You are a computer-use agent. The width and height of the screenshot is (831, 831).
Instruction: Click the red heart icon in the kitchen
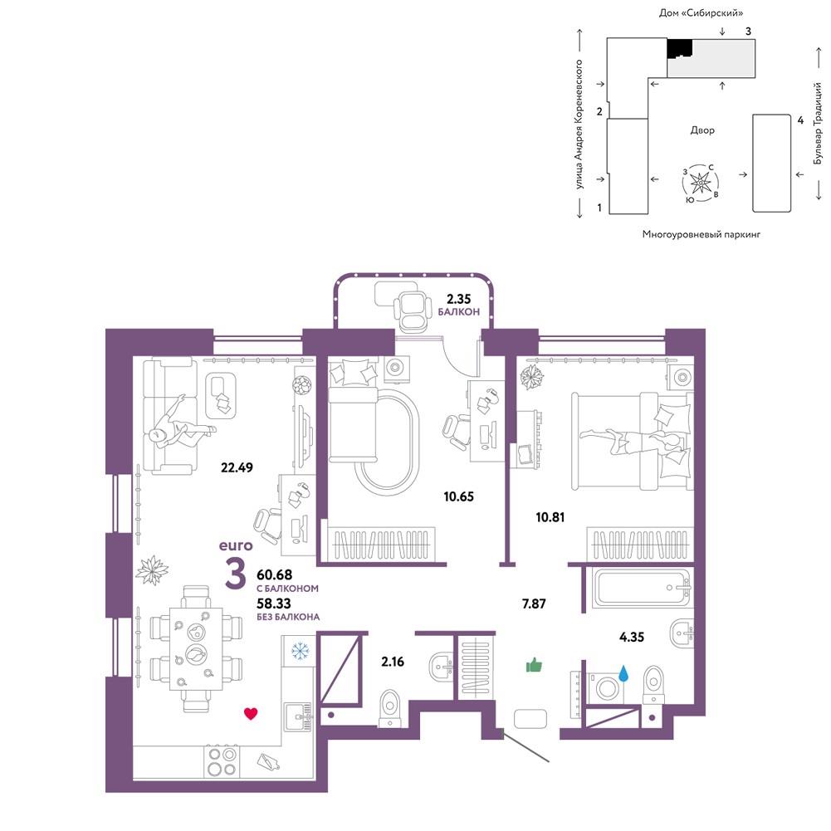tap(251, 713)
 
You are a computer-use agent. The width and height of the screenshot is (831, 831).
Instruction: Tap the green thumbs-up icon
tap(534, 665)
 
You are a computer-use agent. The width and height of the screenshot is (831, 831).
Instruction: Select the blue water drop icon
tap(623, 673)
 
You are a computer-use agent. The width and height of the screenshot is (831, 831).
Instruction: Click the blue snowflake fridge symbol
tap(301, 651)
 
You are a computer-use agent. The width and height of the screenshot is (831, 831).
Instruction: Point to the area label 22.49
tap(237, 467)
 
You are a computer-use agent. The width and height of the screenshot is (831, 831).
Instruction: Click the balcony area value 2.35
tap(458, 299)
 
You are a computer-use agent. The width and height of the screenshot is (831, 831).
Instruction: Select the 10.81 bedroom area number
tap(550, 516)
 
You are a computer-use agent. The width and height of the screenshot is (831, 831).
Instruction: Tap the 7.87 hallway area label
tap(534, 604)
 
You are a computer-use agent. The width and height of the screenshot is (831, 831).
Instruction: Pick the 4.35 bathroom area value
tap(632, 637)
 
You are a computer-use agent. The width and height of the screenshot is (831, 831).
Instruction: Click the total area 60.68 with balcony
tap(275, 574)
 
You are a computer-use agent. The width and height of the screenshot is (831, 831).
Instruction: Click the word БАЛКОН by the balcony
tap(459, 312)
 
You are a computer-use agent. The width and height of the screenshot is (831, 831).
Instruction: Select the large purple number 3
tap(235, 574)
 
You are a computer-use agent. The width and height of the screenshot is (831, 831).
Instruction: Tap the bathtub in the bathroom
tap(643, 588)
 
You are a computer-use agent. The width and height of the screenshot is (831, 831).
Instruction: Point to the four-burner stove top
tap(222, 761)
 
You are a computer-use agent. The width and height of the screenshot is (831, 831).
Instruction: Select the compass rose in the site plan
tap(701, 183)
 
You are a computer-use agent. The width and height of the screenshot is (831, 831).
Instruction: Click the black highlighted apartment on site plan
tap(679, 49)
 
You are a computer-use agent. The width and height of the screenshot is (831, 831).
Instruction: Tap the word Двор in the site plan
tap(702, 130)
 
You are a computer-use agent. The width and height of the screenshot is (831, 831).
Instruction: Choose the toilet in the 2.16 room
tap(390, 707)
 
